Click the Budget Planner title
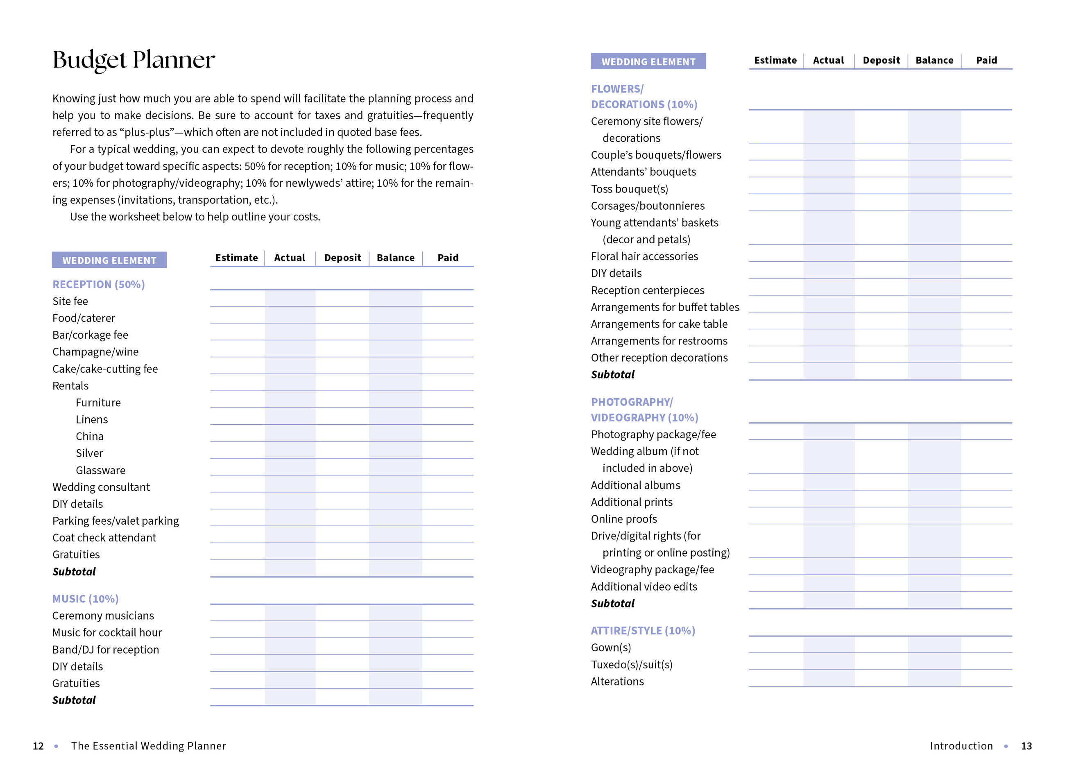(x=134, y=60)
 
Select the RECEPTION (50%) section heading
(x=99, y=285)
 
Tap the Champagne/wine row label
(x=95, y=352)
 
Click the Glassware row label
(x=100, y=470)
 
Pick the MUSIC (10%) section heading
(x=86, y=599)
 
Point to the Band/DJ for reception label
(x=106, y=650)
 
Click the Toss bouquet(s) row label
(x=629, y=189)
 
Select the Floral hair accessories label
(x=644, y=256)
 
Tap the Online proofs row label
(x=623, y=519)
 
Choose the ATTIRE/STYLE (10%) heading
(x=643, y=631)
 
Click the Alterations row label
(x=617, y=681)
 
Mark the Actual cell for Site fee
(x=290, y=299)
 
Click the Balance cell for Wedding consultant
(x=395, y=484)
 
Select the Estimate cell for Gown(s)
(x=776, y=645)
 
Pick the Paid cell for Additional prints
(x=986, y=499)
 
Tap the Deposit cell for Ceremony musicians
(x=342, y=613)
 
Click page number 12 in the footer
(x=38, y=746)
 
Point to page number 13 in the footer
(x=1026, y=746)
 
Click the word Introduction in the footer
(x=961, y=746)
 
